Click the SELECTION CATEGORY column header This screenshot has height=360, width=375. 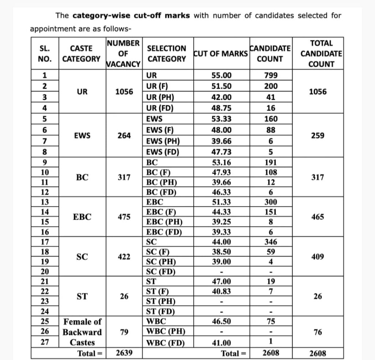166,54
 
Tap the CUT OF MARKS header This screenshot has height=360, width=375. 220,54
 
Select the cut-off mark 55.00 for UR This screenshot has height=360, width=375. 222,76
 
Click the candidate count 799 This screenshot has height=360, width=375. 271,76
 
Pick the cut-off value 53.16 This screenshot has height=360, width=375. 222,163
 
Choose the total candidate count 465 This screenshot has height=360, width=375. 318,217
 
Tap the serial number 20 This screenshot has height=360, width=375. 45,272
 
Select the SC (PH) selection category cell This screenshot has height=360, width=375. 161,262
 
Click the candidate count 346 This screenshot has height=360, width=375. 271,242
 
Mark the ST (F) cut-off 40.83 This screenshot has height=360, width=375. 222,291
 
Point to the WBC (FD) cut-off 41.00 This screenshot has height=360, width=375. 222,343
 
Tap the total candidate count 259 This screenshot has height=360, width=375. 318,135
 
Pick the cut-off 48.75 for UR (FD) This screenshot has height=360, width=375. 222,108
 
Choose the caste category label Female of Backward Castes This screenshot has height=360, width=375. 82,332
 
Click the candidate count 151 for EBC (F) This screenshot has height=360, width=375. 271,212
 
